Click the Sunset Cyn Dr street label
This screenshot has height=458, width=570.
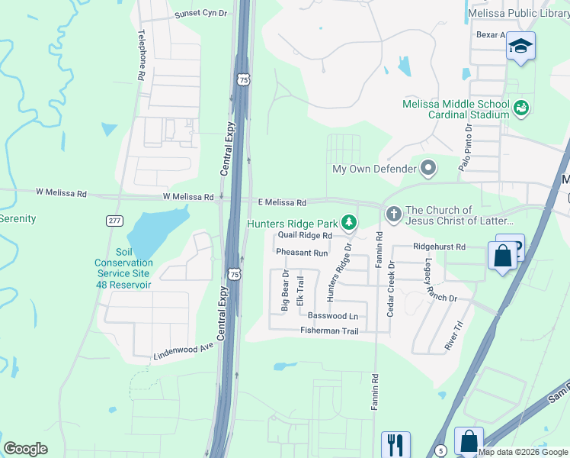tap(200, 14)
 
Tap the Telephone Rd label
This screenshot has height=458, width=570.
tap(141, 56)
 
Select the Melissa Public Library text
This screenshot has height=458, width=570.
tap(517, 14)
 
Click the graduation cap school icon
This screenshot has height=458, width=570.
tap(520, 47)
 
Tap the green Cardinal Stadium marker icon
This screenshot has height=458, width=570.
tap(521, 108)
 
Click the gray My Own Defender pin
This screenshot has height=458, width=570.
tap(428, 168)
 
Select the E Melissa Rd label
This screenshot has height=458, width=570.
tap(280, 203)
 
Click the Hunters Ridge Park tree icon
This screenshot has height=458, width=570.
tap(349, 223)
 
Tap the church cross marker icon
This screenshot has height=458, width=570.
tap(393, 215)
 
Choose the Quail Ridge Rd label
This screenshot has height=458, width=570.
tap(305, 236)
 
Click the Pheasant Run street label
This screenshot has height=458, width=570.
tap(302, 253)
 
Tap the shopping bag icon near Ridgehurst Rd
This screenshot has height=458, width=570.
tap(503, 256)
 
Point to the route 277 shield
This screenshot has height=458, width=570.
tap(114, 221)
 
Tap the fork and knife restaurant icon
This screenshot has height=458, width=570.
tap(395, 443)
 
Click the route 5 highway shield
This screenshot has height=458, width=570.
tap(440, 450)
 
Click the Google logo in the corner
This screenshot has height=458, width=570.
tap(26, 449)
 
